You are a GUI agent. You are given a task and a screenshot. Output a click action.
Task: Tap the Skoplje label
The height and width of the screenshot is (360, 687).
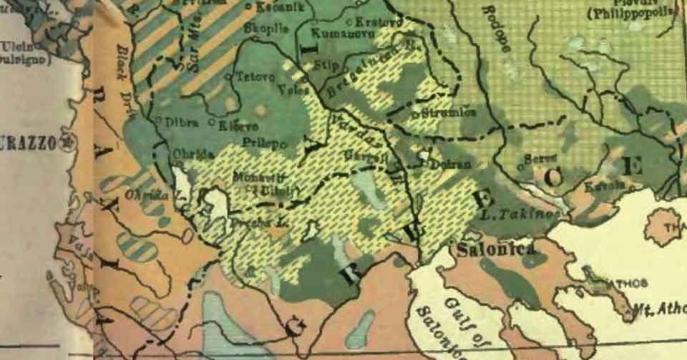tap(266, 29)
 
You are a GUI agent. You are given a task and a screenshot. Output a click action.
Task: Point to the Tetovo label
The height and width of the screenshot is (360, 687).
tap(250, 76)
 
